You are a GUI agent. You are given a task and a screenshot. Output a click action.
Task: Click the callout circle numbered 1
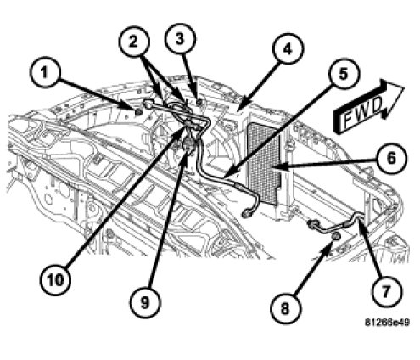click(x=45, y=72)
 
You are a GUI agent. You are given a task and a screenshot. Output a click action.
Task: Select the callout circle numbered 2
click(x=133, y=42)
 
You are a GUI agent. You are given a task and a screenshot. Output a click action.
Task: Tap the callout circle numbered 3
click(x=180, y=39)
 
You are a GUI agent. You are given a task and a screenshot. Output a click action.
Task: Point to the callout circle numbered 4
click(x=288, y=49)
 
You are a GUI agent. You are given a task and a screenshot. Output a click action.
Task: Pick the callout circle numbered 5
click(x=344, y=74)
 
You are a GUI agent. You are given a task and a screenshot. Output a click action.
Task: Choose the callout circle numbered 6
click(x=391, y=158)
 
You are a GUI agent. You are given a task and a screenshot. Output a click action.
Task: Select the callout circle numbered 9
click(x=145, y=303)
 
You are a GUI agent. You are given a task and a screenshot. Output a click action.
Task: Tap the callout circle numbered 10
click(x=55, y=280)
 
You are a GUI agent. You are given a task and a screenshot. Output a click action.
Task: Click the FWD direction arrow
click(x=367, y=106)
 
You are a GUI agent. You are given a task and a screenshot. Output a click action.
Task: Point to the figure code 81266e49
click(x=387, y=322)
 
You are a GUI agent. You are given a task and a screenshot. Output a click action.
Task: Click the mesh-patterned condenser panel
click(x=264, y=163)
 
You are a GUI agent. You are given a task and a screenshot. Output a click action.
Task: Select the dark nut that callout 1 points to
click(x=138, y=112)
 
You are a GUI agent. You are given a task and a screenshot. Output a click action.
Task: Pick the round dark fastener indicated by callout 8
click(x=335, y=237)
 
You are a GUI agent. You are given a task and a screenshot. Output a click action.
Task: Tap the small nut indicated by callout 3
click(x=199, y=102)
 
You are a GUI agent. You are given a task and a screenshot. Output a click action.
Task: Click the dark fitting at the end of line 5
click(x=246, y=214)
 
